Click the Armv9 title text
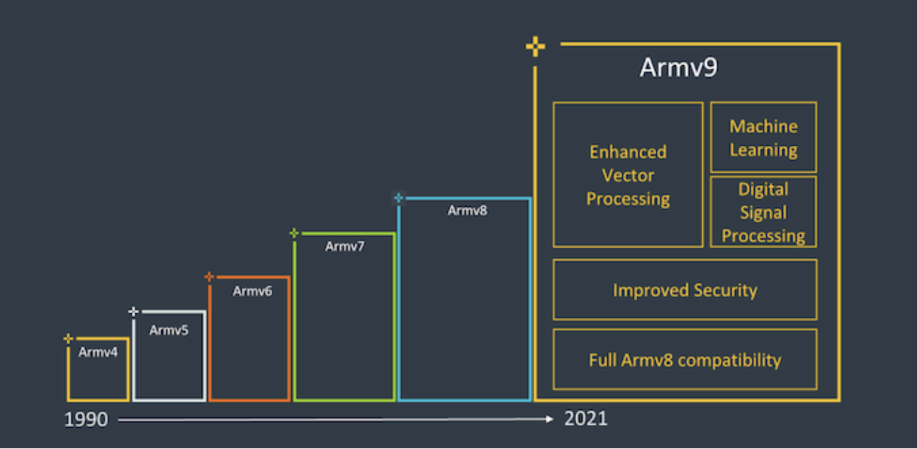[x=678, y=68]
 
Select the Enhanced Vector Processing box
[x=628, y=175]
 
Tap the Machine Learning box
[x=763, y=137]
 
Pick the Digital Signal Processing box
[x=763, y=212]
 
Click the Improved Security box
[x=685, y=290]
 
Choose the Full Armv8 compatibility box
[x=685, y=360]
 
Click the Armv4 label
[x=98, y=352]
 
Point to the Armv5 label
[x=169, y=330]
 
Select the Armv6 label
[x=252, y=291]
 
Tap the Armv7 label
[x=344, y=246]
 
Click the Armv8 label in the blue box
[x=467, y=210]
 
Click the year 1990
[x=86, y=420]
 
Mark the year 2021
[x=585, y=419]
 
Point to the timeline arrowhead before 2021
[x=549, y=419]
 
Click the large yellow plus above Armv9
[x=536, y=47]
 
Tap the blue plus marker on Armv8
[x=398, y=198]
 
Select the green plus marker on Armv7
[x=294, y=233]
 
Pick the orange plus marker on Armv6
[x=209, y=276]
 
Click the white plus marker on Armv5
[x=133, y=312]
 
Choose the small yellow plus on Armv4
[x=68, y=339]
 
